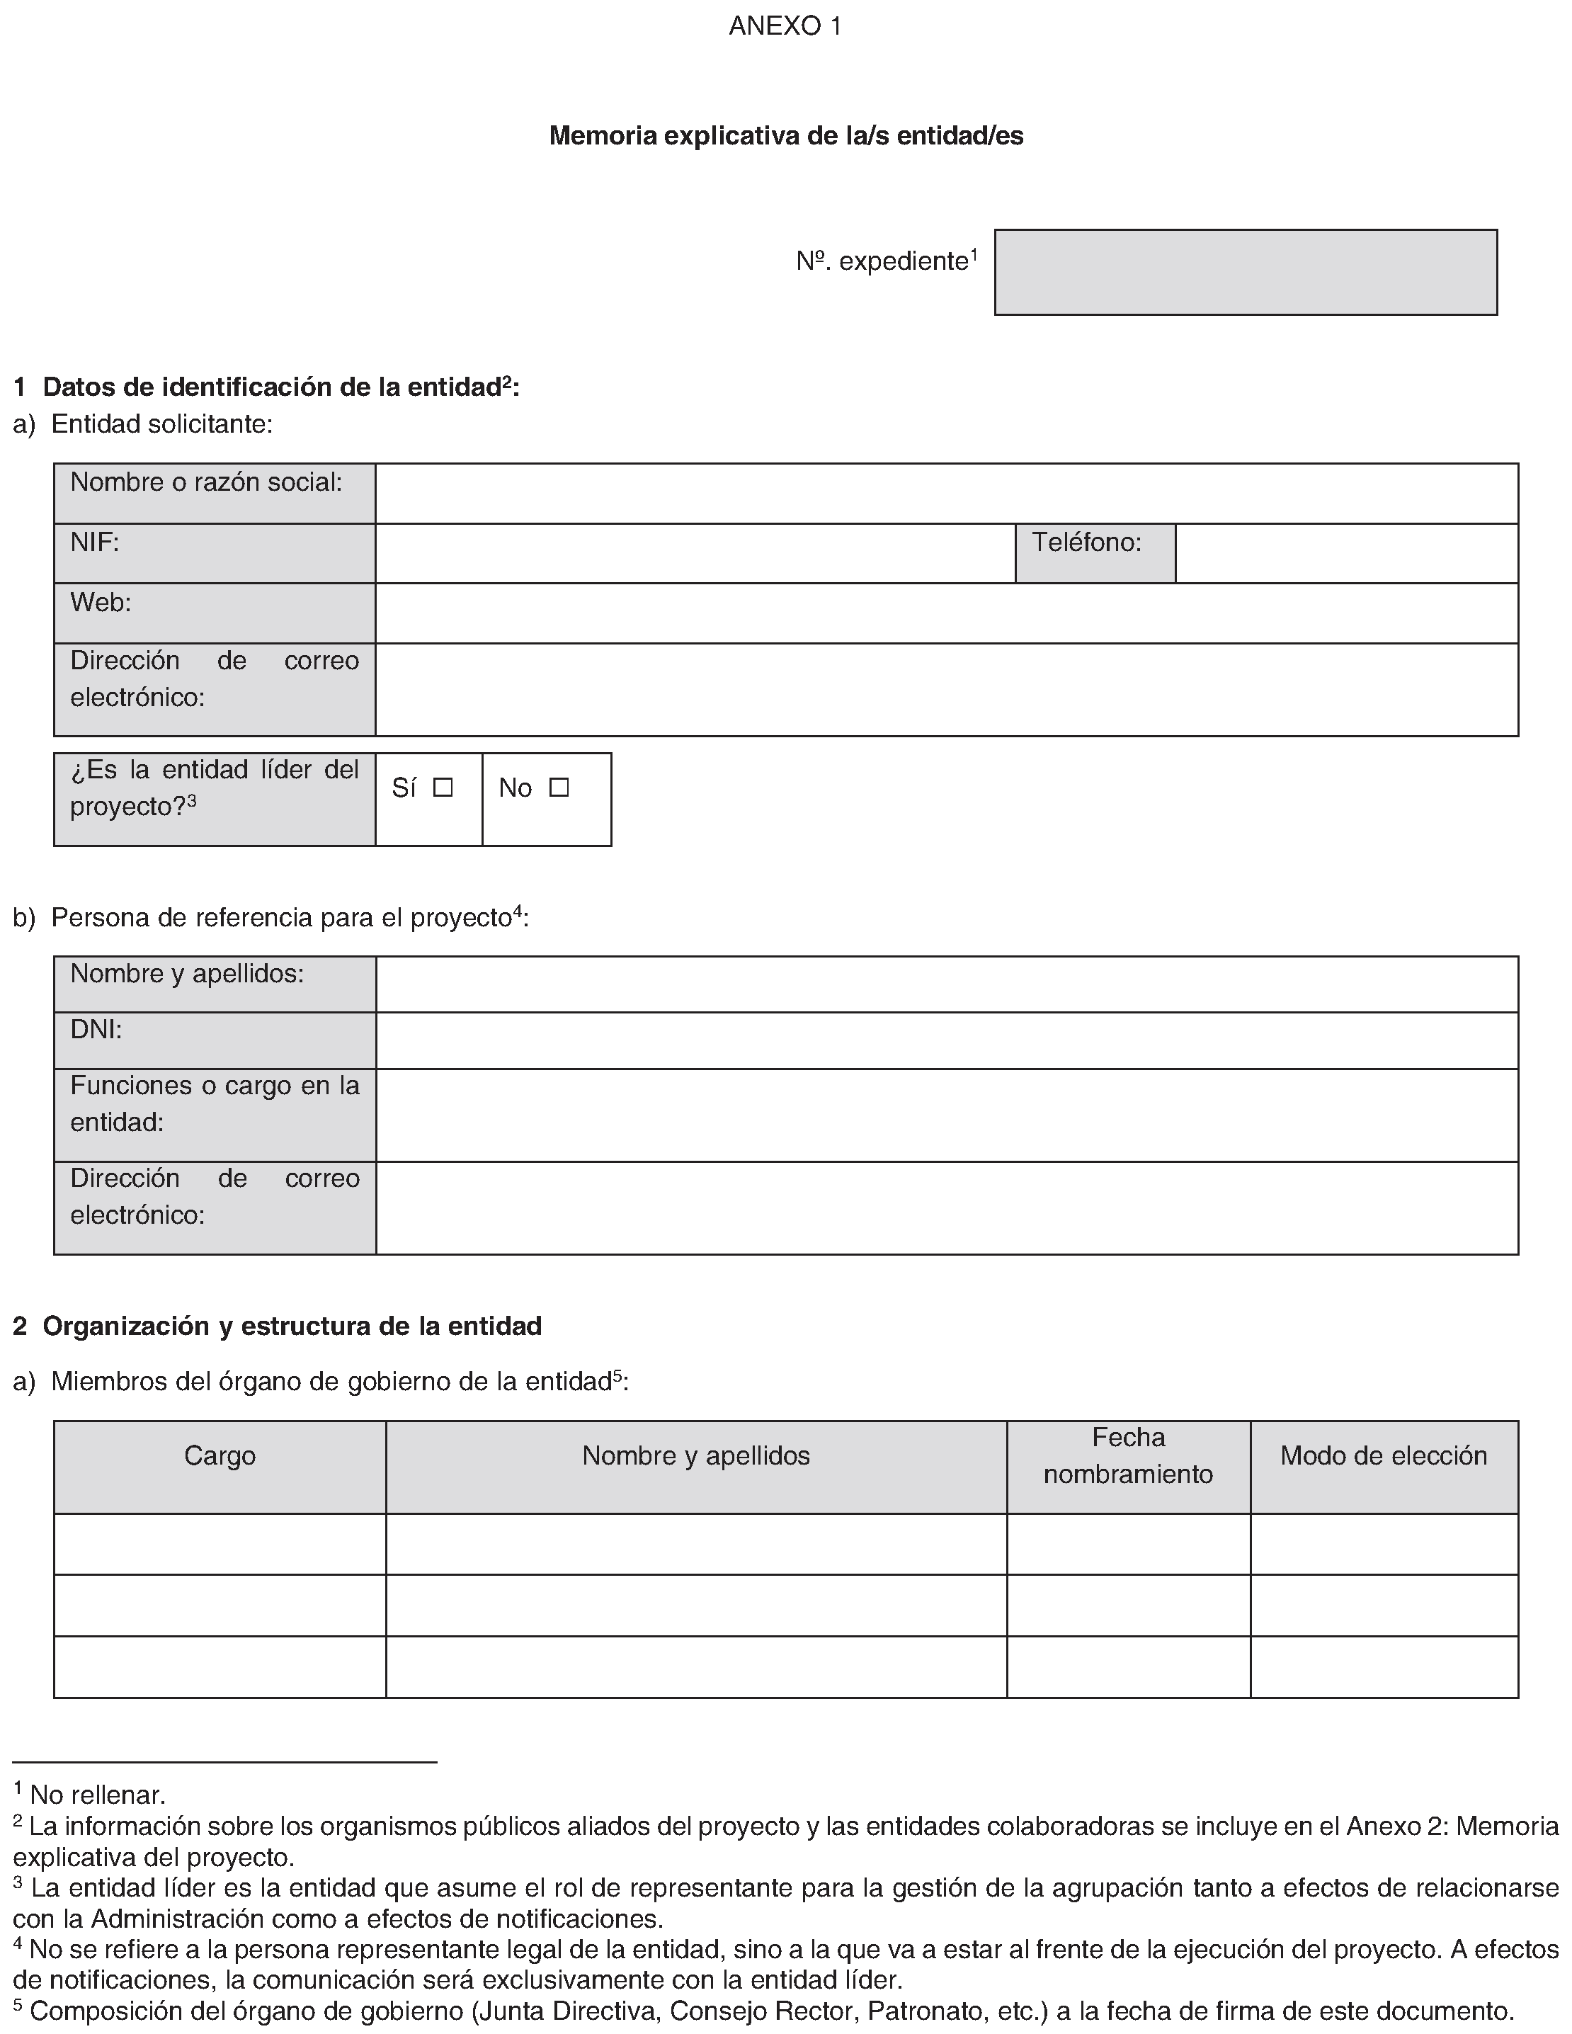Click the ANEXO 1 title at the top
pyautogui.click(x=785, y=26)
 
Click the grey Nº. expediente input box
pyautogui.click(x=1245, y=272)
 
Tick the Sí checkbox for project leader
pyautogui.click(x=443, y=788)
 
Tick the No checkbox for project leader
pyautogui.click(x=559, y=788)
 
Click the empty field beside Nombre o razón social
pyautogui.click(x=946, y=494)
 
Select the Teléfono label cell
pyautogui.click(x=1095, y=553)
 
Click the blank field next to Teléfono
pyautogui.click(x=1347, y=553)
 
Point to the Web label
pyautogui.click(x=101, y=603)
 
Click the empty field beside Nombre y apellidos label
pyautogui.click(x=946, y=984)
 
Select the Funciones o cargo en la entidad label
pyautogui.click(x=214, y=1103)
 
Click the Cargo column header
pyautogui.click(x=220, y=1455)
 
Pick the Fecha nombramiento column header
pyautogui.click(x=1128, y=1455)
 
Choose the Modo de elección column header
pyautogui.click(x=1384, y=1455)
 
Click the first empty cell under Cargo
pyautogui.click(x=220, y=1543)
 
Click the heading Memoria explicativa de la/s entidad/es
pyautogui.click(x=785, y=136)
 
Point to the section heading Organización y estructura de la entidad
pyautogui.click(x=292, y=1326)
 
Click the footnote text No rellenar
pyautogui.click(x=98, y=1795)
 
